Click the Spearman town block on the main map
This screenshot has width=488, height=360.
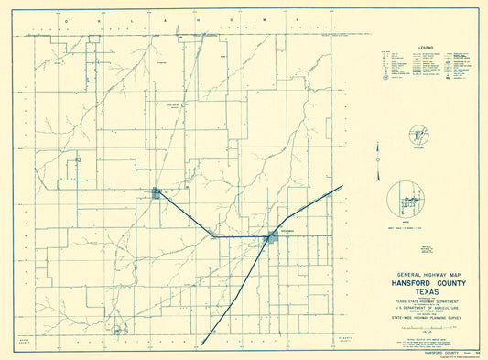click(x=271, y=237)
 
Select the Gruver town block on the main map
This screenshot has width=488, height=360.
click(x=157, y=193)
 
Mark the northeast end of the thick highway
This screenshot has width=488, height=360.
click(x=342, y=186)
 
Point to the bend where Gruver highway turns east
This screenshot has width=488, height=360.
click(x=213, y=237)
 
